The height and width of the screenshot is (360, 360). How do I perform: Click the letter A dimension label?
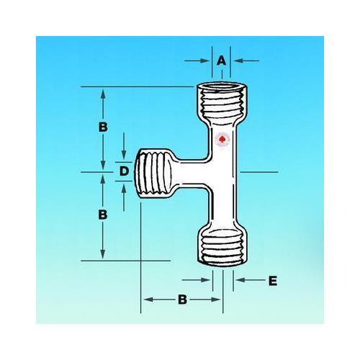coord(222,61)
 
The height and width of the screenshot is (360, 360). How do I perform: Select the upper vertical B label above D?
coord(104,126)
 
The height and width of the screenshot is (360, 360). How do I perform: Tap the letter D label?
coord(124,171)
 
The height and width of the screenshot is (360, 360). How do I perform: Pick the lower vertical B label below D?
coord(104,215)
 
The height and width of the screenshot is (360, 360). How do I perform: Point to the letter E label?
coord(271,280)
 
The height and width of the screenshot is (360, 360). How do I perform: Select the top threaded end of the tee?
coord(222,105)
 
